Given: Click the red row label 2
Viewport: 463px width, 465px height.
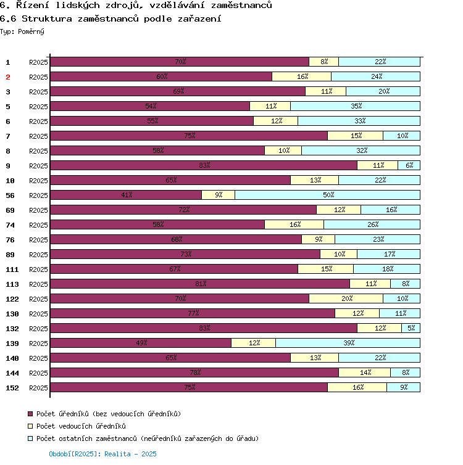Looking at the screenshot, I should pos(8,77).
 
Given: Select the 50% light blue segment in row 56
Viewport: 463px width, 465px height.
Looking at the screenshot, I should pos(327,195).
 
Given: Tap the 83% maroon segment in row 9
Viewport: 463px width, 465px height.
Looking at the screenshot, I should pos(204,165).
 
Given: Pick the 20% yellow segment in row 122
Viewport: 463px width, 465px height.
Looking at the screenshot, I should pos(346,298).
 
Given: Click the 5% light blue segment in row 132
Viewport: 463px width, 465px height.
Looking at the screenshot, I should pos(411,328).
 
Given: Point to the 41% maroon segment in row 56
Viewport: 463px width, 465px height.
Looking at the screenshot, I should pos(126,195).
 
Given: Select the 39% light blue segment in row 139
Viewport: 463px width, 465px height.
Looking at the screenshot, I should pos(348,343).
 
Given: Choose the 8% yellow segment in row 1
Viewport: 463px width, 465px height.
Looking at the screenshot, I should pos(323,62).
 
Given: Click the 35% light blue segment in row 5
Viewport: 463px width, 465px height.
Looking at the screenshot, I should pos(355,106).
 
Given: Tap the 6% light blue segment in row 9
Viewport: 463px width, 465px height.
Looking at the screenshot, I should pos(409,165).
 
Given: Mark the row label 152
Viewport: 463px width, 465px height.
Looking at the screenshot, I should pos(12,388).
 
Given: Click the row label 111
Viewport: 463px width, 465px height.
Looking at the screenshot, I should pos(12,270).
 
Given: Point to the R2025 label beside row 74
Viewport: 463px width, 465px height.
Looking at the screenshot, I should pos(38,225).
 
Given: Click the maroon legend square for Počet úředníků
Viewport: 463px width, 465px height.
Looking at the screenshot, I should pos(30,414).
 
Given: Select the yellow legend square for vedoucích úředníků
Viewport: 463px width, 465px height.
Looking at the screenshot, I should pos(30,426).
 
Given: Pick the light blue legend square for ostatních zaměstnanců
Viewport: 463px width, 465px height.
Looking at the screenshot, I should pos(30,438).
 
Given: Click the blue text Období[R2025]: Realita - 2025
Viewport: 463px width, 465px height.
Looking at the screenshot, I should pos(102,454).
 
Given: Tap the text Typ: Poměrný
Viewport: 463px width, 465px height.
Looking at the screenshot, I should pos(22,31).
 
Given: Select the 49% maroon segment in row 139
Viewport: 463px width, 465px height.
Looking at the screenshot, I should pos(141,343).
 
